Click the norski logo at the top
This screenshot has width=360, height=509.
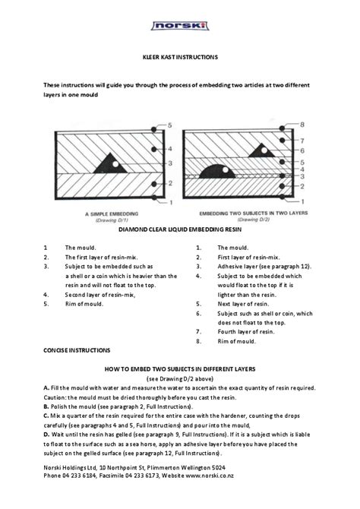tap(180, 26)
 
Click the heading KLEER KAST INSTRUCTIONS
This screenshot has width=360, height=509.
tap(180, 57)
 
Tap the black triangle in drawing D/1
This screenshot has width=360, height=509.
tap(110, 163)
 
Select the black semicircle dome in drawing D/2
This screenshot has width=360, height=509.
tap(217, 172)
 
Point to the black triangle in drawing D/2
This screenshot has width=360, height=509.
tap(261, 150)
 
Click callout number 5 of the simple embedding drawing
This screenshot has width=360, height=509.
tap(170, 125)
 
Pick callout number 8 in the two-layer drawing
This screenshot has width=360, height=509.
tap(302, 125)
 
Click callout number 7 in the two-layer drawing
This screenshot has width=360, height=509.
tap(302, 141)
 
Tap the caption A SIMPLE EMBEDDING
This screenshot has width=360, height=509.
tap(112, 214)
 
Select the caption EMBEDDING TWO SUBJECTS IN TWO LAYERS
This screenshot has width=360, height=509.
tap(254, 213)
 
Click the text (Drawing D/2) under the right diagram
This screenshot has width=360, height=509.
tap(254, 220)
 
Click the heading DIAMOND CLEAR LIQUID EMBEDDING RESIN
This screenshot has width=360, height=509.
tap(180, 229)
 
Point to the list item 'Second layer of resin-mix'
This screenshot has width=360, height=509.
tap(100, 295)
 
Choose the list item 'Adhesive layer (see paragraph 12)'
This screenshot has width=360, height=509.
tap(264, 267)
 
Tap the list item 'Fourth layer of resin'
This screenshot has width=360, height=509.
tap(246, 332)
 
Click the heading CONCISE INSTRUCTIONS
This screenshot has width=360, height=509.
tap(77, 350)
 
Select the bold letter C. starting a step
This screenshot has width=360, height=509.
tap(46, 416)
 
